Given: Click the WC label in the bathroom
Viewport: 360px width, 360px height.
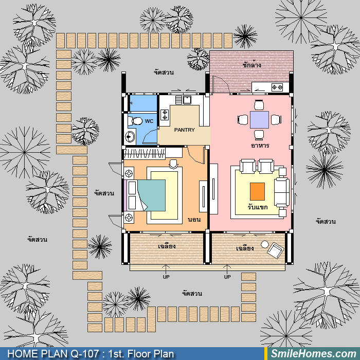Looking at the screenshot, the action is [x=149, y=121].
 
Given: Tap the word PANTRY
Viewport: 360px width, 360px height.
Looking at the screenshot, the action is [x=184, y=130].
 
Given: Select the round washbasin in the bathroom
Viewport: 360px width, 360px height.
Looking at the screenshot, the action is [x=130, y=137].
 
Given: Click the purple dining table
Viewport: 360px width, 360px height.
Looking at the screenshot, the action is [x=259, y=120].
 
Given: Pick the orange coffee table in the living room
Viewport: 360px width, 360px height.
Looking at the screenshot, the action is [x=257, y=191].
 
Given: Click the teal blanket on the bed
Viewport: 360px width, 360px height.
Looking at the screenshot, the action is [x=152, y=195].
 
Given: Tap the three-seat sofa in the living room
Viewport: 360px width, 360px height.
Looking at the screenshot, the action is [x=281, y=192].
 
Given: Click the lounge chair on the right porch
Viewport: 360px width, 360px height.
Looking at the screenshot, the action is [x=276, y=250].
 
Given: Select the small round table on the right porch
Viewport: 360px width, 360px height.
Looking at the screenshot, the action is [x=265, y=244].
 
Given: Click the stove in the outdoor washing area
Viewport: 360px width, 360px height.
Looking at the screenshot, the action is [x=277, y=87].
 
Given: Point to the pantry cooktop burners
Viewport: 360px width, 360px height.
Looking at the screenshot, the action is [x=165, y=115].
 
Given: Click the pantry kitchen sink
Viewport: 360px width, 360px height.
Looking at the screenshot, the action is [x=187, y=100].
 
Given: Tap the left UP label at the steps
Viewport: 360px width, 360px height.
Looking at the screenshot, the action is [x=166, y=277].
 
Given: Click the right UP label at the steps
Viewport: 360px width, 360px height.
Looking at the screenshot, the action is [x=227, y=277].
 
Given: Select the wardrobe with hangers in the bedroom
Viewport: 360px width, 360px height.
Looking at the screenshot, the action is [x=145, y=153].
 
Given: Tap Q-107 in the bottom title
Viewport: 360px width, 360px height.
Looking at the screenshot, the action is [x=85, y=354].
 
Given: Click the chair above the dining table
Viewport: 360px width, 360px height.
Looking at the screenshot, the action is [x=259, y=105].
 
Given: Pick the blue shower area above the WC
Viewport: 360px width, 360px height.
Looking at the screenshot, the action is [x=143, y=103].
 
